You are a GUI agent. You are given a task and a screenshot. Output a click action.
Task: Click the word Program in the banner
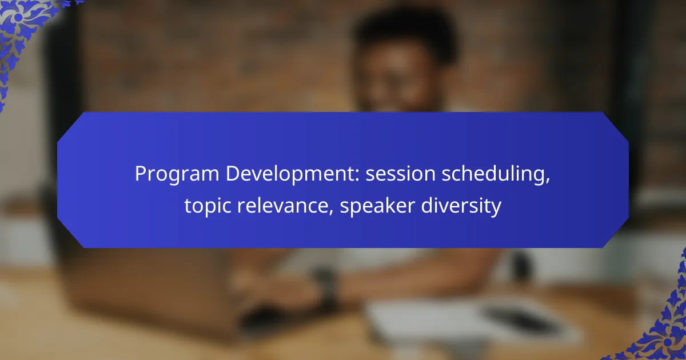click(x=177, y=174)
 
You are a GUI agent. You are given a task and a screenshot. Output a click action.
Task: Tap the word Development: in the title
click(x=293, y=174)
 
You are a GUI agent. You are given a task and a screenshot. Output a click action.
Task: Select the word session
click(x=400, y=174)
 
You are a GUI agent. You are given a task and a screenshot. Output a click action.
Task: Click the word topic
click(x=208, y=206)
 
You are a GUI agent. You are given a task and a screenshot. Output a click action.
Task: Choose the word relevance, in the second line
click(x=285, y=205)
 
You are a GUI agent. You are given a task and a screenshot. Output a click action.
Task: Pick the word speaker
click(x=377, y=206)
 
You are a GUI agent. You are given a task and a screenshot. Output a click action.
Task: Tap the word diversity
click(x=461, y=206)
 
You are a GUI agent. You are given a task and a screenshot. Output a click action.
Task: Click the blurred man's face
click(x=401, y=79)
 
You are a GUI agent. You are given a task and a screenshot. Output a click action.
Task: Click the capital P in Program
click(x=141, y=174)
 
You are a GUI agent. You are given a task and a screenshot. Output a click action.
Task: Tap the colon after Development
click(x=357, y=176)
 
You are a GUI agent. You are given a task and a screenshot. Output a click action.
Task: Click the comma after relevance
click(x=331, y=211)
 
